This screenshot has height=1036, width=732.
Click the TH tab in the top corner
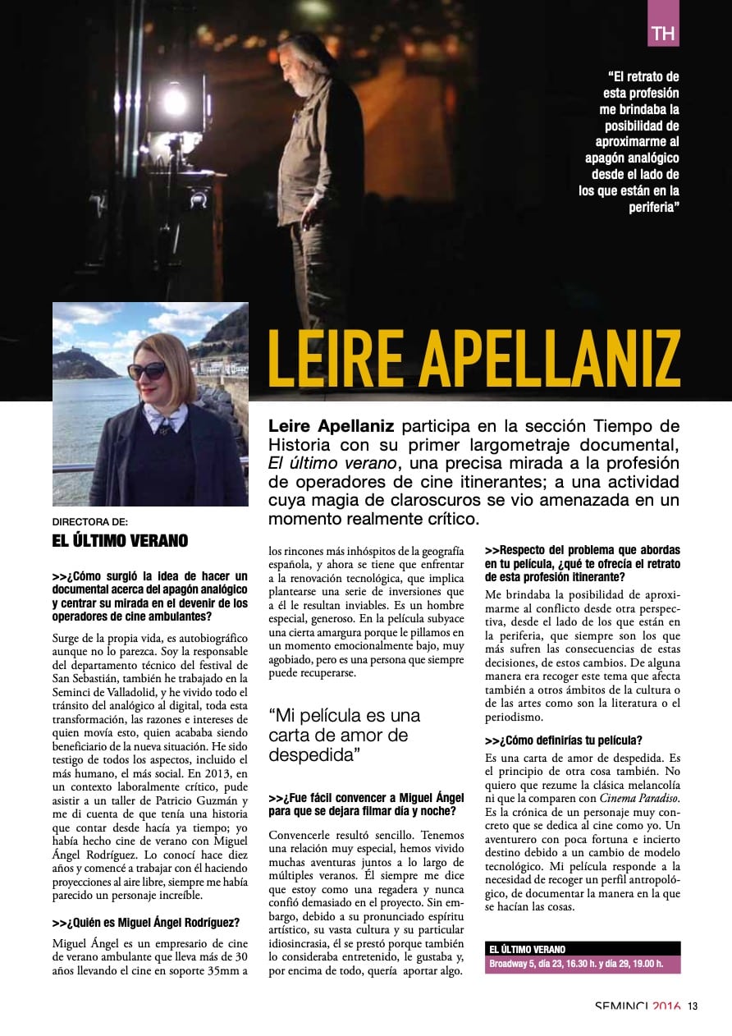tap(663, 34)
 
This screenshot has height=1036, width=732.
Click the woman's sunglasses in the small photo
tap(148, 370)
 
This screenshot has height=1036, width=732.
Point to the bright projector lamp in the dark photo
tap(174, 100)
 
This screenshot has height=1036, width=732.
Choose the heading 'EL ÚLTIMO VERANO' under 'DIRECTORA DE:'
tap(120, 540)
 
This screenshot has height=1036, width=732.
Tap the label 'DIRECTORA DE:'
tap(90, 521)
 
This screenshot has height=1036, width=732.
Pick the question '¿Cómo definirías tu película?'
tap(564, 740)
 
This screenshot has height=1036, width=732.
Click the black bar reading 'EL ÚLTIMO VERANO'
tap(582, 949)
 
